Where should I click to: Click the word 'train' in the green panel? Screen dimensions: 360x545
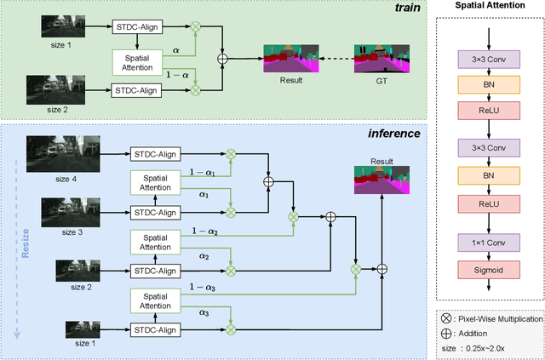click(414, 9)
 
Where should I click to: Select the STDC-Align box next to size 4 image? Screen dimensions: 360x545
click(154, 153)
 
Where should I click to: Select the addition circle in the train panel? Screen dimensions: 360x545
click(224, 60)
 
